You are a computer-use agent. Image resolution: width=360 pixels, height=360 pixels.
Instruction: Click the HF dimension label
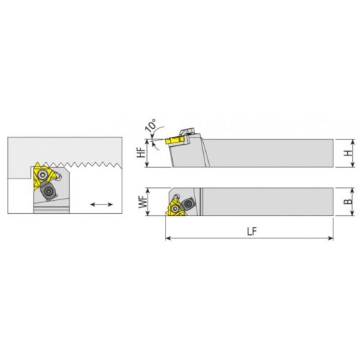click(141, 152)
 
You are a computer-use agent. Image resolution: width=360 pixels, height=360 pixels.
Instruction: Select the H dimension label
click(348, 153)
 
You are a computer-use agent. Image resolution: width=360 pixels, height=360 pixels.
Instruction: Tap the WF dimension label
click(143, 202)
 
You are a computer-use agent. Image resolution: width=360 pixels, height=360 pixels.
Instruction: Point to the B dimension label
click(348, 202)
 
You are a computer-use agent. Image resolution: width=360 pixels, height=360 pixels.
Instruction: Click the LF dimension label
click(252, 232)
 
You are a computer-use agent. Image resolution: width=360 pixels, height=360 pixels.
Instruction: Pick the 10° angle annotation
click(151, 125)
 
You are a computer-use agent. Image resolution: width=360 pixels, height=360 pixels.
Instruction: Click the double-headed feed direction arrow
click(102, 204)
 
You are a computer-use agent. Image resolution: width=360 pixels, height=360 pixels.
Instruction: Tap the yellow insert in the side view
click(174, 140)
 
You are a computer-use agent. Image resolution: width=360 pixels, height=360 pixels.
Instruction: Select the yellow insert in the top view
click(175, 208)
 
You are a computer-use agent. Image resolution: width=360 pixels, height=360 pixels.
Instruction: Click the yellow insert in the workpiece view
click(42, 176)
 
